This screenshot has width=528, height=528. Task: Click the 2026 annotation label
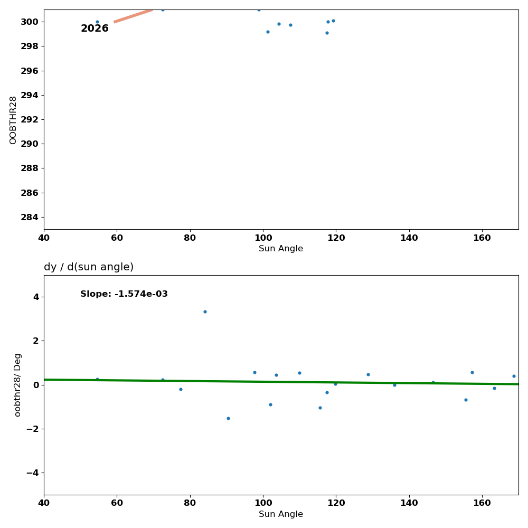pos(95,29)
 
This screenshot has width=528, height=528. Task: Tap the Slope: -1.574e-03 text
pos(124,294)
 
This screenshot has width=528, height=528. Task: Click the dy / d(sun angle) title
pos(89,267)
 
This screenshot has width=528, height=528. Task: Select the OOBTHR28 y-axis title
pos(13,120)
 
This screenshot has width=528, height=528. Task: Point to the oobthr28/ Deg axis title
pos(18,385)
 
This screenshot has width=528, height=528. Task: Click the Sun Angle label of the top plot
pos(281,249)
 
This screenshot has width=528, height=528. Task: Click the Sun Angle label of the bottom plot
pos(281,514)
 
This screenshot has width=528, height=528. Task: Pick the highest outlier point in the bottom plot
pos(205,312)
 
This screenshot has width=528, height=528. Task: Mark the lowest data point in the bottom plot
pos(228,418)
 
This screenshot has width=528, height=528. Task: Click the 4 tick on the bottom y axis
pos(36,297)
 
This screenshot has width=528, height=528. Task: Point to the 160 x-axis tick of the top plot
pos(482,238)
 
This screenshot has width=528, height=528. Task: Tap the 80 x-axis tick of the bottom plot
pos(190,503)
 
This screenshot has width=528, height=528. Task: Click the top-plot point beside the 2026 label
pos(97,22)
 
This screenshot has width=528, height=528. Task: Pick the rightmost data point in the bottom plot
pos(514,376)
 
